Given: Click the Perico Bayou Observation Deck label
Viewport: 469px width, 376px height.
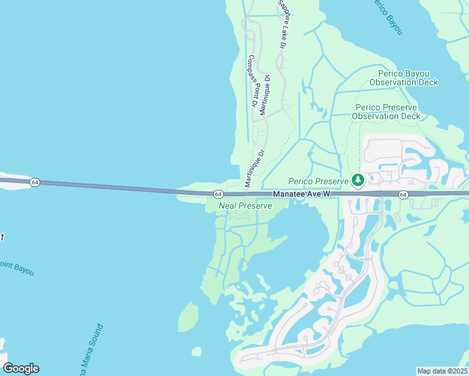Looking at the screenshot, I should tap(403, 78).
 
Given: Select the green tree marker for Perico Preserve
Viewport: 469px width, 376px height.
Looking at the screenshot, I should tap(358, 181).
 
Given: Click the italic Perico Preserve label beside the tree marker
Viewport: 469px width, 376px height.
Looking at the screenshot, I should tap(318, 181).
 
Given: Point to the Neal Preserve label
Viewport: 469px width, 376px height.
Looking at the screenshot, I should tap(245, 205).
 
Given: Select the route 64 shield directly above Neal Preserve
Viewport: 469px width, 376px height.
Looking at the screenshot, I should tap(218, 194).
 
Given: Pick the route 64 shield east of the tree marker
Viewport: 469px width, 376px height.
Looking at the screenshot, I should tap(403, 194).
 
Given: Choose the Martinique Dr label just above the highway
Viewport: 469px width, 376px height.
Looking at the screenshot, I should tap(255, 169).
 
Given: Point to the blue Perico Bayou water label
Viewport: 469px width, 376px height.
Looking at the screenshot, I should tap(387, 15).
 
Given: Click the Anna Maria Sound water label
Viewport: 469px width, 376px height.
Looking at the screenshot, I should tap(90, 347).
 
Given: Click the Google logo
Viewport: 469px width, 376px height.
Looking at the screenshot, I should tap(21, 368).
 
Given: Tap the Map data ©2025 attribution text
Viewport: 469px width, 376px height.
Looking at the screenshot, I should tap(442, 371).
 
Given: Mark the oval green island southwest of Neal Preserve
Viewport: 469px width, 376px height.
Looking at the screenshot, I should tap(188, 316).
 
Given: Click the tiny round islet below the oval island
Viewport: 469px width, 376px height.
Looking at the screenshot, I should tap(196, 351).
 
